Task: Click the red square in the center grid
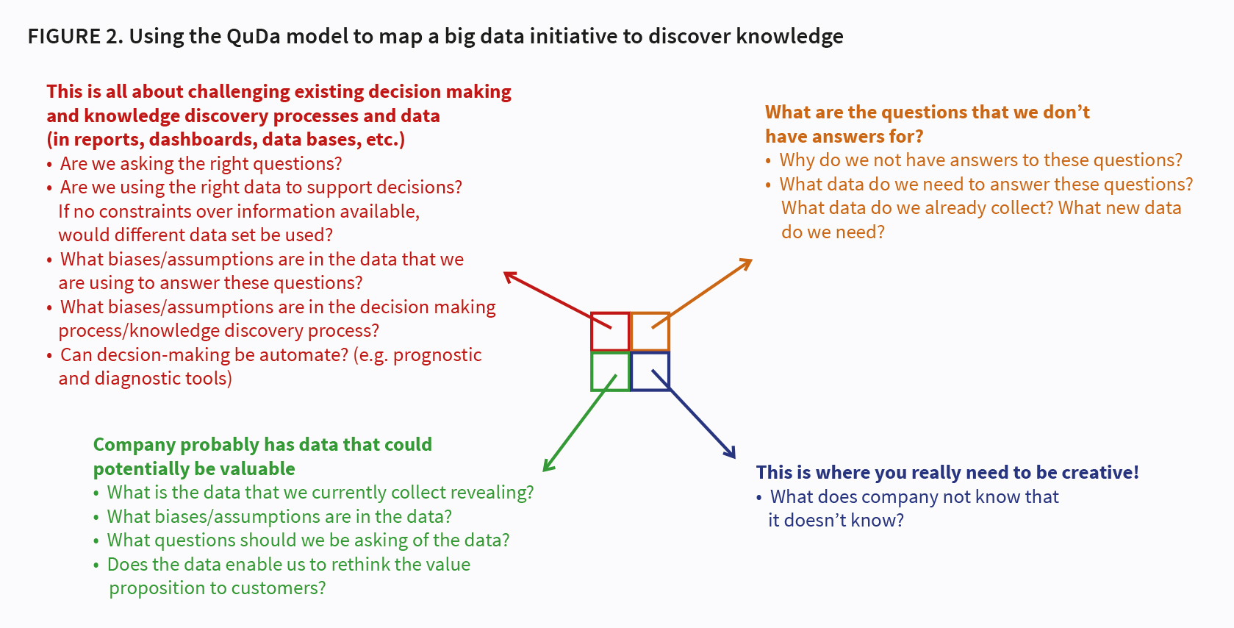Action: point(610,332)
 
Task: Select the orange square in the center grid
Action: point(650,332)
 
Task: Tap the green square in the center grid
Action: point(610,371)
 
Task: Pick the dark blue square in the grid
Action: point(650,371)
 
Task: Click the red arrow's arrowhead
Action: point(509,276)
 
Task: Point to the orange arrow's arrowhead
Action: point(747,262)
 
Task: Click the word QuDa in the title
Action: point(254,36)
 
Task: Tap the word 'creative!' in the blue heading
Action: point(1100,472)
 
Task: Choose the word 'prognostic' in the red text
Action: point(437,354)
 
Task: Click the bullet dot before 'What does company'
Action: point(759,498)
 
